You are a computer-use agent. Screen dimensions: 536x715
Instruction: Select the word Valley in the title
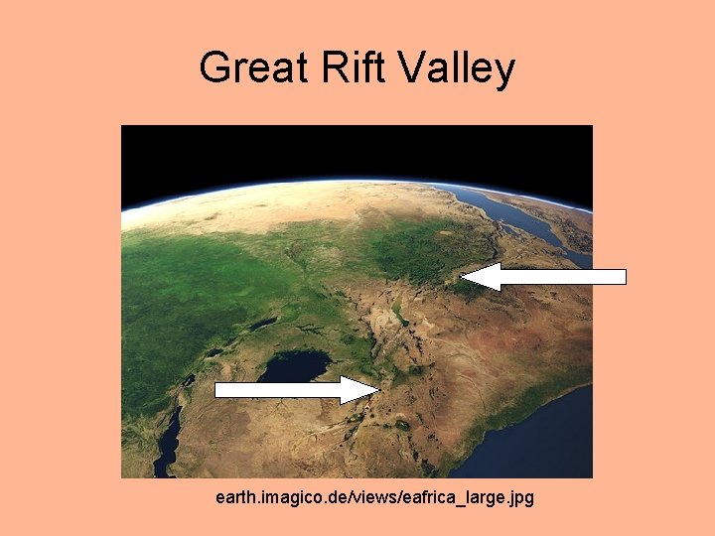(x=458, y=68)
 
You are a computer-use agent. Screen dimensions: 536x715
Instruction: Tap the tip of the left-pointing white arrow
(x=464, y=277)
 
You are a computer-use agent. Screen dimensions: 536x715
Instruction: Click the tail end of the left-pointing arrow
(x=624, y=277)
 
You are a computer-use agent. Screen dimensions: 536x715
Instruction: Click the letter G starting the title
(x=214, y=68)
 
